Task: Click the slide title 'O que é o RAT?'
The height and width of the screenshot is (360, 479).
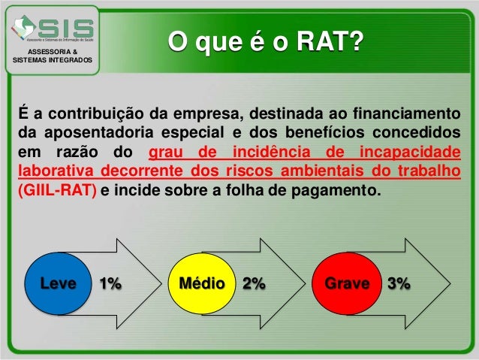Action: pos(263,41)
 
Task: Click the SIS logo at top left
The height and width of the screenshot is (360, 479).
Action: pos(51,29)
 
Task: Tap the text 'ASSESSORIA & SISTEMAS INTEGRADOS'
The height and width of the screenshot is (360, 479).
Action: pos(51,55)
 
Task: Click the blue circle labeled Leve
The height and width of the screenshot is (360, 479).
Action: pos(59,284)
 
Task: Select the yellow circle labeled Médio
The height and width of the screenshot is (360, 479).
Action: pos(199,284)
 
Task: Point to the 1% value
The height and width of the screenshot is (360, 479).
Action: pos(110,284)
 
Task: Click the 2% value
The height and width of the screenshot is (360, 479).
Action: pos(254,284)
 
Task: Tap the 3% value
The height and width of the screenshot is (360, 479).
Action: pos(398,284)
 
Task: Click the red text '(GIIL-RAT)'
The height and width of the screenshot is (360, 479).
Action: pos(56,190)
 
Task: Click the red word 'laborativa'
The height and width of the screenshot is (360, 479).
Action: pos(56,171)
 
